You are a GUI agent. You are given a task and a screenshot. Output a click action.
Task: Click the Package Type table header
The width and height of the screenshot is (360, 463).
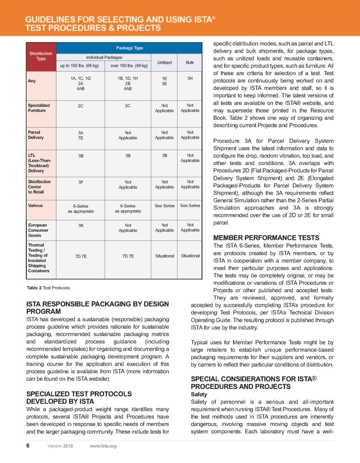(129, 48)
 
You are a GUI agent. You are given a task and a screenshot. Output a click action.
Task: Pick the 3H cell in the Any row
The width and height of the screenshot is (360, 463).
(190, 77)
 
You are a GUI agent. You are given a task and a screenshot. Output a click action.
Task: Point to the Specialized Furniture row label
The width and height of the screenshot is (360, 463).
(39, 108)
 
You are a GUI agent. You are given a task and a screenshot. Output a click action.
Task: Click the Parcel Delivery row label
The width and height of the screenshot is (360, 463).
(36, 134)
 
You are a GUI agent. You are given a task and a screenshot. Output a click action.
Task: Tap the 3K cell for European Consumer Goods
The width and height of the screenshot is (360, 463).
(81, 225)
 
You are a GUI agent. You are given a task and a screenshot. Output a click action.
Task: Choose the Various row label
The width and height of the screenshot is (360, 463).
(36, 205)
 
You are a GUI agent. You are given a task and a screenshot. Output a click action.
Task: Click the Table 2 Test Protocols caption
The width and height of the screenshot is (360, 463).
(48, 288)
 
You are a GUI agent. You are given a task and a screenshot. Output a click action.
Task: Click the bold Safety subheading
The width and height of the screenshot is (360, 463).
(199, 394)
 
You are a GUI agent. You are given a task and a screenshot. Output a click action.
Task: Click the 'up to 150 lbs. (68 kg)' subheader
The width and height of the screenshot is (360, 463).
(81, 65)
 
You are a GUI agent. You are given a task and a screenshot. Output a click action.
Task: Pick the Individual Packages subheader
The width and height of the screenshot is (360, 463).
(104, 57)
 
